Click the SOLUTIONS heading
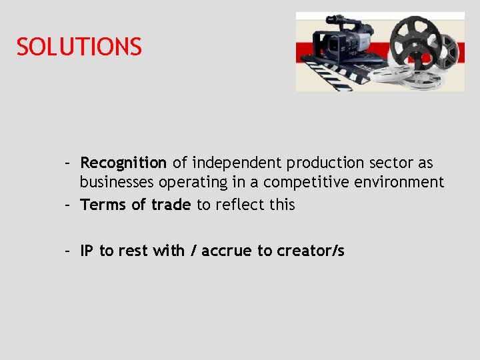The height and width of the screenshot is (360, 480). click(x=79, y=47)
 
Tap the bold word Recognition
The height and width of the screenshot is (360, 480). click(x=123, y=163)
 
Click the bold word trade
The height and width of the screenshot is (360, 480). click(x=171, y=205)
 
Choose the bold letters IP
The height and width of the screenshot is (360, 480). click(x=87, y=251)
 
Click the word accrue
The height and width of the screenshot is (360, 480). click(x=227, y=251)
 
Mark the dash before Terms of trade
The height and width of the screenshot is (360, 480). click(x=68, y=205)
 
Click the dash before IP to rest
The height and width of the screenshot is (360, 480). click(x=68, y=251)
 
